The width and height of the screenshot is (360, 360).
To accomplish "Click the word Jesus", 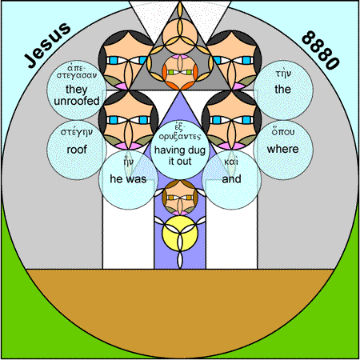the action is [x=47, y=45].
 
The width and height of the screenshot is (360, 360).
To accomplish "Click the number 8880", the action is [x=321, y=50].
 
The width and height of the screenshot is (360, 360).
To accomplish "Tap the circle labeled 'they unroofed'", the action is [x=77, y=90].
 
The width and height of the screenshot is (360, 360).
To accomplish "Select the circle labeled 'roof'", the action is [x=77, y=150].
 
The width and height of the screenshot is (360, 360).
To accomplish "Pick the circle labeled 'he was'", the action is [x=128, y=180].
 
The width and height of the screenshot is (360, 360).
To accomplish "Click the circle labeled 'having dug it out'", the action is [x=180, y=150].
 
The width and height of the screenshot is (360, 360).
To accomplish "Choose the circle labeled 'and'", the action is [x=231, y=180].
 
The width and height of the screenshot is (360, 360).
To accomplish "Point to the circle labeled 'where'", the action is [x=283, y=150].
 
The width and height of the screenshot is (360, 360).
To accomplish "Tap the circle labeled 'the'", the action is [x=283, y=90].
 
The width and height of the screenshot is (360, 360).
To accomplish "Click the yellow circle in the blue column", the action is [x=180, y=234].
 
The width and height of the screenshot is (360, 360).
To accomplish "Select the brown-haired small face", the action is [x=180, y=198].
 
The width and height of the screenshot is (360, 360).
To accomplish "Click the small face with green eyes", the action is [x=180, y=72].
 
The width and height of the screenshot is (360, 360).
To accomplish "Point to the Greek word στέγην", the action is [x=77, y=133].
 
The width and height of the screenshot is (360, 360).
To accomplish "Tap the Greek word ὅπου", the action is [x=283, y=132].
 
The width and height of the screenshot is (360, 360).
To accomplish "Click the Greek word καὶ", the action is [x=231, y=162].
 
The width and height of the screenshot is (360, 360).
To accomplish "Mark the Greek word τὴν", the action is [x=283, y=74].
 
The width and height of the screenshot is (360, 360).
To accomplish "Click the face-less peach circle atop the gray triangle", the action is [x=180, y=36].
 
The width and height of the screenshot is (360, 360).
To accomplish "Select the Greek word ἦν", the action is [x=128, y=161].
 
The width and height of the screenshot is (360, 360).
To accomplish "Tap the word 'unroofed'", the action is [x=77, y=101].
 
